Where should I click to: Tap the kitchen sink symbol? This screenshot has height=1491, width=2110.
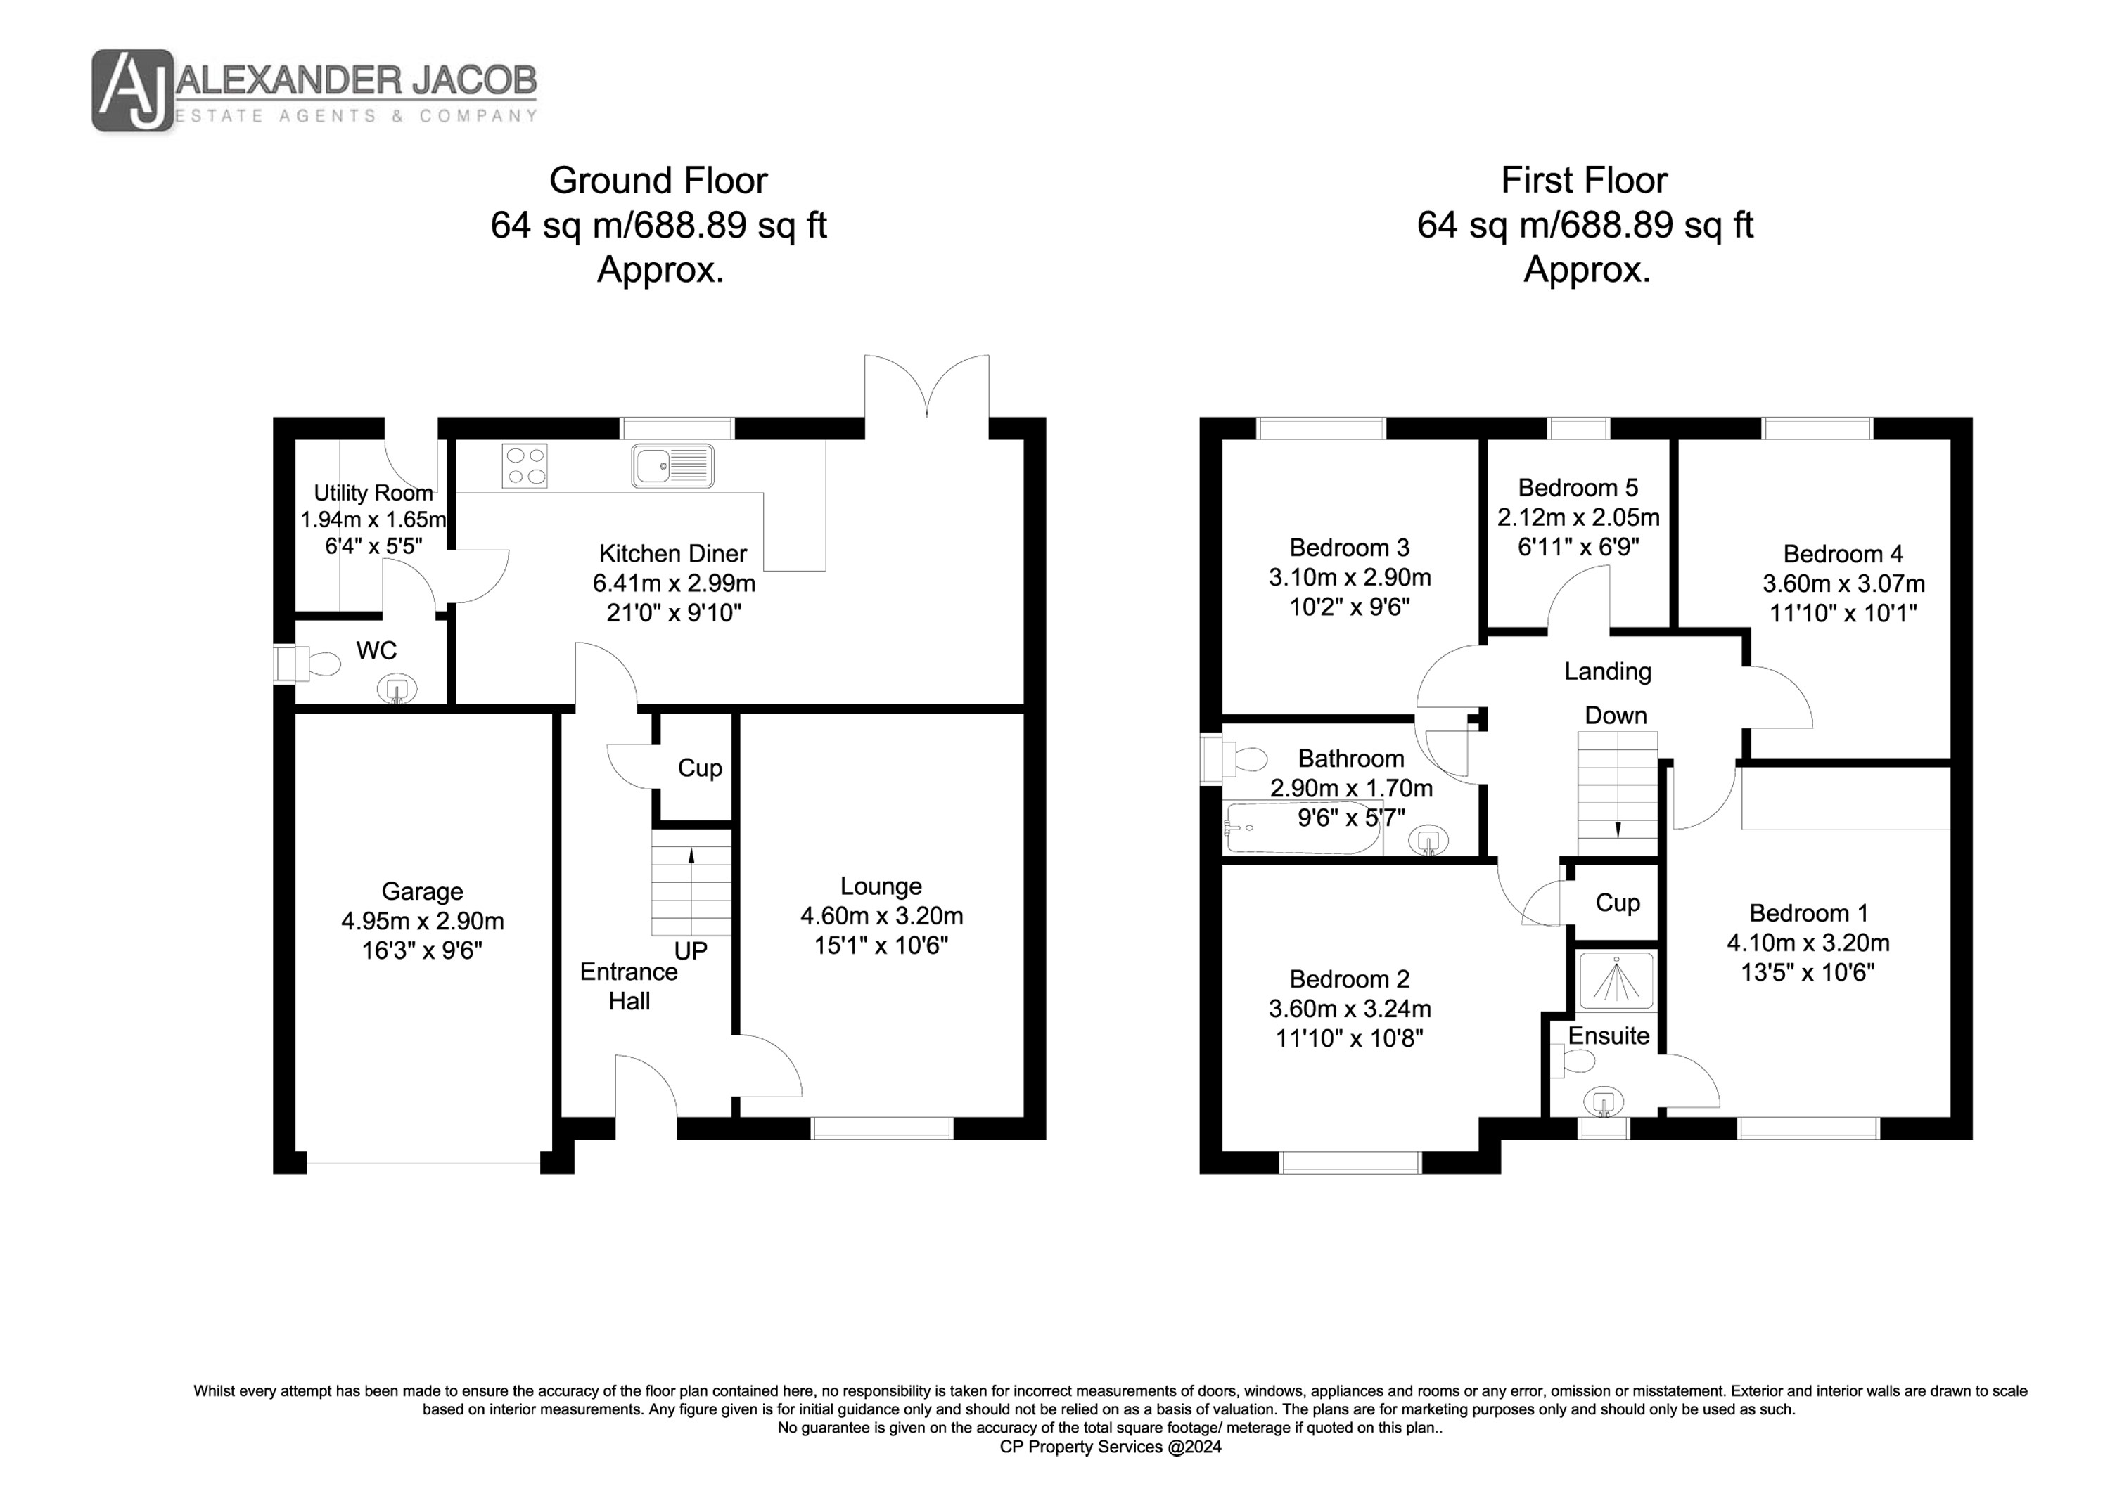pyautogui.click(x=672, y=466)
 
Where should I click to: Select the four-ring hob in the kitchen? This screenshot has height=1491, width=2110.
pyautogui.click(x=525, y=466)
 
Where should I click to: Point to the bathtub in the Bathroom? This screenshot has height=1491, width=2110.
pyautogui.click(x=1290, y=827)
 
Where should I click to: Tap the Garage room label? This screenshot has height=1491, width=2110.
pyautogui.click(x=422, y=891)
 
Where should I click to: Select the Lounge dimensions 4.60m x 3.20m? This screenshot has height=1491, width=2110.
pyautogui.click(x=881, y=916)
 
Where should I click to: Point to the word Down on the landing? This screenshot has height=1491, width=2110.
pyautogui.click(x=1616, y=715)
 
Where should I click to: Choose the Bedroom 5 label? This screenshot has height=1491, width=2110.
pyautogui.click(x=1578, y=487)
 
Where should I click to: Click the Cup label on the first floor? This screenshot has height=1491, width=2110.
pyautogui.click(x=1618, y=903)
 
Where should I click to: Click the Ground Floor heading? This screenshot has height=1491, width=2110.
pyautogui.click(x=658, y=180)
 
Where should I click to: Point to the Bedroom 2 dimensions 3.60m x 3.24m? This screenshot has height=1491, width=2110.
pyautogui.click(x=1350, y=1009)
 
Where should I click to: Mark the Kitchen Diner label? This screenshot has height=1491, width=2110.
pyautogui.click(x=672, y=553)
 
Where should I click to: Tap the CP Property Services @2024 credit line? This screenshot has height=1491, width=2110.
pyautogui.click(x=1110, y=1447)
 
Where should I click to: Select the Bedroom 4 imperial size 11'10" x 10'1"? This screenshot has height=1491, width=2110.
pyautogui.click(x=1843, y=613)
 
